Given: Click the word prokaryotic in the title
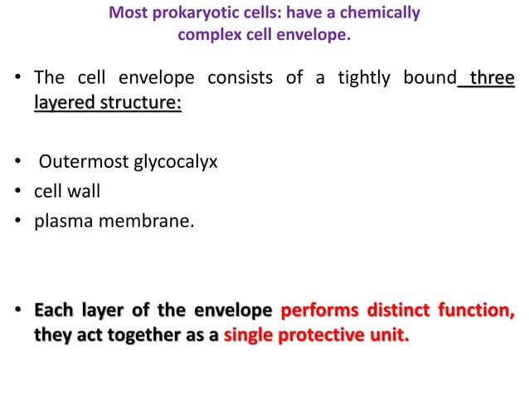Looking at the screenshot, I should (x=182, y=14).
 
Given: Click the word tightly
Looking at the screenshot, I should (x=366, y=80).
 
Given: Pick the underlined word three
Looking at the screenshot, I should (x=492, y=80).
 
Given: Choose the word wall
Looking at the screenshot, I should (x=84, y=191).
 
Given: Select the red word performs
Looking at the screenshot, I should (x=318, y=312).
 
